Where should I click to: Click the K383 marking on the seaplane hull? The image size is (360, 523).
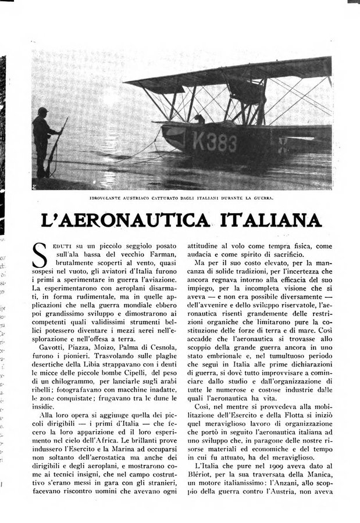click(x=214, y=142)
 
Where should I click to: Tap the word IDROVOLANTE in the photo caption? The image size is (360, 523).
click(x=111, y=198)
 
